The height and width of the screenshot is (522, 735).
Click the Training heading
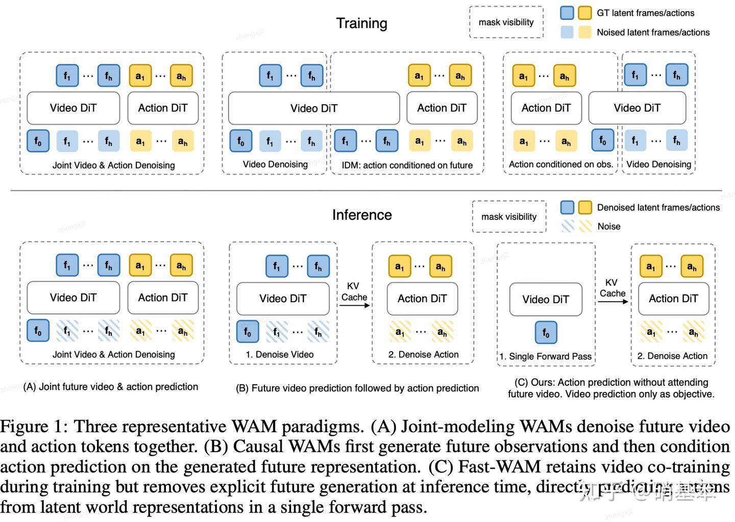coord(361,23)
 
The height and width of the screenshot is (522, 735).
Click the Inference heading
coord(362,215)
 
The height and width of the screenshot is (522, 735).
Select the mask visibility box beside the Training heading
coord(506,22)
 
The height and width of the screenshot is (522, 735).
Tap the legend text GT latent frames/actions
coord(645,13)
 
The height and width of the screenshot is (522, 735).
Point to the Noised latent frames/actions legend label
coord(653,33)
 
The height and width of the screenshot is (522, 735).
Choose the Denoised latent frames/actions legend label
coord(658,208)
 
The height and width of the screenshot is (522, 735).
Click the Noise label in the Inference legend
coord(608,227)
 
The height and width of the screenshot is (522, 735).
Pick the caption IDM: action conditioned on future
coord(407,165)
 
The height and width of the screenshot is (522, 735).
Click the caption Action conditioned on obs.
coord(560,164)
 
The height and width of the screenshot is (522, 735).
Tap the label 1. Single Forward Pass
coord(545,356)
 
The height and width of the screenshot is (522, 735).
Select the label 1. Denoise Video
coord(280,355)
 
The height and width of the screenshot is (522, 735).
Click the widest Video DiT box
coord(313,108)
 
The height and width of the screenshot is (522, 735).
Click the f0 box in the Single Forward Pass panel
coord(546,333)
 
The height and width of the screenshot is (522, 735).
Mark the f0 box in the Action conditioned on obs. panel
coord(602,140)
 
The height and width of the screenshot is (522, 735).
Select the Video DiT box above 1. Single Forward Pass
coord(546,300)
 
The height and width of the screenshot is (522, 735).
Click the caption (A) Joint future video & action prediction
coord(111,387)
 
